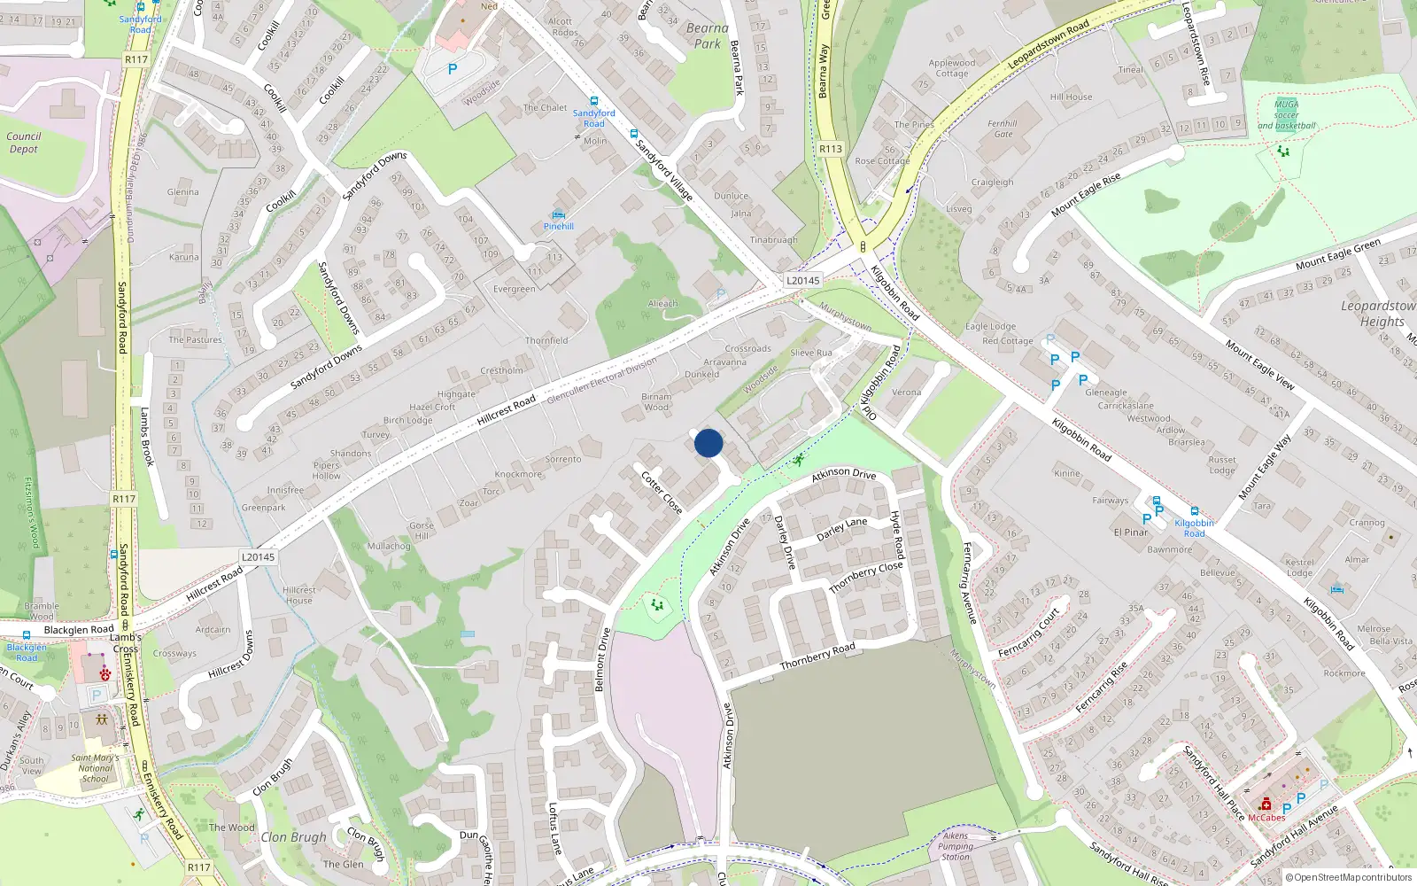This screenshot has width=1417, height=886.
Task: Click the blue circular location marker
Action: click(x=708, y=443)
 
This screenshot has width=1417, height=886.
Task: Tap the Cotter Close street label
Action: click(x=662, y=492)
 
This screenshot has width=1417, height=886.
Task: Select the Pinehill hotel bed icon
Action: click(x=558, y=214)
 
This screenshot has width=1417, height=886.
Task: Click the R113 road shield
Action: click(x=831, y=149)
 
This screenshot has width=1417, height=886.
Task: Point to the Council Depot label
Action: click(x=24, y=143)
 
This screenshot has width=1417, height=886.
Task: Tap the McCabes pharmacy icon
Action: click(x=1266, y=804)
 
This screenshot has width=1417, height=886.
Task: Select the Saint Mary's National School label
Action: click(x=95, y=768)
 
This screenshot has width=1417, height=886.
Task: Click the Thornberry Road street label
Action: click(x=817, y=657)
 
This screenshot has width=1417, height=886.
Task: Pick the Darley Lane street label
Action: click(x=841, y=529)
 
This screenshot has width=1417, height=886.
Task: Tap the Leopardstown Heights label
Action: click(x=1377, y=314)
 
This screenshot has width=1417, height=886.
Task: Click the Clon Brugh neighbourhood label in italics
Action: click(x=293, y=837)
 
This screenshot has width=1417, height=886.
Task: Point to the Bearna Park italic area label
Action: click(x=708, y=35)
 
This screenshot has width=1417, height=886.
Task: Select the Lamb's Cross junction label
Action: click(x=125, y=642)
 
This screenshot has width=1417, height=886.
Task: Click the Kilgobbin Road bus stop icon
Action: click(x=1194, y=511)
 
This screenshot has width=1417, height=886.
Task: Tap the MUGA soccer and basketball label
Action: click(x=1286, y=115)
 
